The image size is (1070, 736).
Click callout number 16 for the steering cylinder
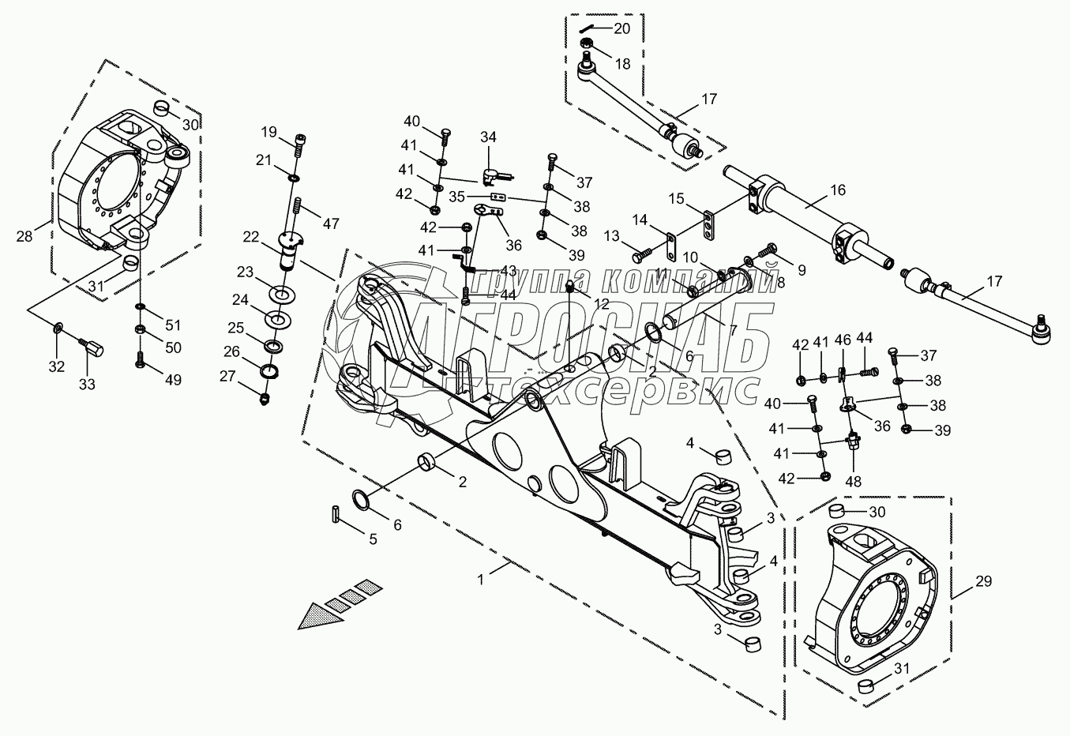point(837,190)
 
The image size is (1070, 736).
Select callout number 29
point(983,581)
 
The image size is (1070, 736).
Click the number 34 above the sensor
point(490,137)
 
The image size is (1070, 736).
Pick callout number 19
point(268,131)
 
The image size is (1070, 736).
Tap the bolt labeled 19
point(300,145)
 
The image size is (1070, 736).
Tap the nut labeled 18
point(587,45)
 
